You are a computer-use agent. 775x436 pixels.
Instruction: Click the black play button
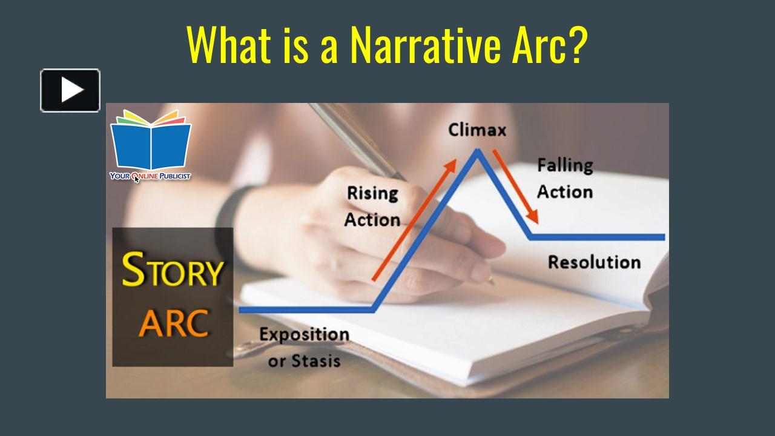70,90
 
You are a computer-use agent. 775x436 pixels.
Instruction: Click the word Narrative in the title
426,45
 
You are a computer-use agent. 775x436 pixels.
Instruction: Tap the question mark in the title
576,45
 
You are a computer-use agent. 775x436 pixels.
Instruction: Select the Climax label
477,130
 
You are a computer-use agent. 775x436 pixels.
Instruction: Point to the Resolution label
595,262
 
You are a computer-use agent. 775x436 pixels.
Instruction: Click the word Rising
372,193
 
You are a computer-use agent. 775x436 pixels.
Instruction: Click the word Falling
565,165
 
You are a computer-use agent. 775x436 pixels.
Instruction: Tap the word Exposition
305,335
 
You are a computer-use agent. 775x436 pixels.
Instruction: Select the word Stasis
316,361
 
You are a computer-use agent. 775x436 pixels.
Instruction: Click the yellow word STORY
173,269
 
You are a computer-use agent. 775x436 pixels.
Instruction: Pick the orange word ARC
174,323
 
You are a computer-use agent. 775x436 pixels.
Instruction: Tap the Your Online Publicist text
150,176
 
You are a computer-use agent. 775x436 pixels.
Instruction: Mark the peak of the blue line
478,150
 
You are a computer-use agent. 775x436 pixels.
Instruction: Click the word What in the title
229,45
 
